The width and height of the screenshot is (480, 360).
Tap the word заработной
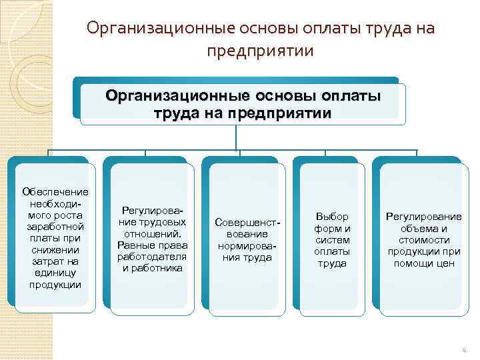50,226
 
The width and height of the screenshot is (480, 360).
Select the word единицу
50,273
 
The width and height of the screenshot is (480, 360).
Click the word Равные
133,245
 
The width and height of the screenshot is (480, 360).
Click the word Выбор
332,217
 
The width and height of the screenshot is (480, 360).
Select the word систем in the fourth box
332,240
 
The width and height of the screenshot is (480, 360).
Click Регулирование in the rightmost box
424,217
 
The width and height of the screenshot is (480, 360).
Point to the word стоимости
424,240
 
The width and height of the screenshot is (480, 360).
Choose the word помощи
416,263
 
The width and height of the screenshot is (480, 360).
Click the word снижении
50,249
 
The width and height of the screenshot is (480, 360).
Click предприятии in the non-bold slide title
259,51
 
